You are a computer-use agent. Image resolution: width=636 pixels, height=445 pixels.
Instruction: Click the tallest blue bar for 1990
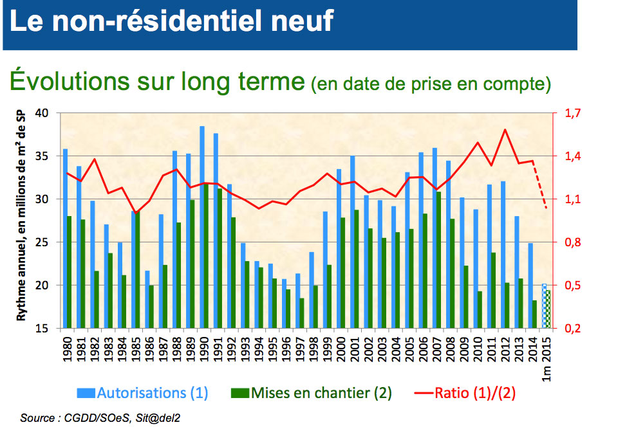202,227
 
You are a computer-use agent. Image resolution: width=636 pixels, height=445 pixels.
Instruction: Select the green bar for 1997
302,313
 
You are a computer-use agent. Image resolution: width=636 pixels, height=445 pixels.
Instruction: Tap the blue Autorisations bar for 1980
65,239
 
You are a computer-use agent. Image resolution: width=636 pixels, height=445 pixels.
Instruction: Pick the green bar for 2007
438,260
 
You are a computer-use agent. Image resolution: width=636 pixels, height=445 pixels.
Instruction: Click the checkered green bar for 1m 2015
548,309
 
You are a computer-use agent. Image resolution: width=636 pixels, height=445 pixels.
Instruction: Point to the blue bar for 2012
503,255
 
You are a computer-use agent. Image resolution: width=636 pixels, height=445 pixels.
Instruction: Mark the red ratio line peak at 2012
505,130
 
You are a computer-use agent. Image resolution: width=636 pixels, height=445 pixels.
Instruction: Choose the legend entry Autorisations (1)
142,393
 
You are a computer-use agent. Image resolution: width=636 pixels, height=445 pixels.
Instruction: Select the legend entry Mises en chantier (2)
311,393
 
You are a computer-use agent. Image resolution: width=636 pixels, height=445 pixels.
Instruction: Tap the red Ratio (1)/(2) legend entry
465,393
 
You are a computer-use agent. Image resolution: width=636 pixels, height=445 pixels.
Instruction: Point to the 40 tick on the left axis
42,113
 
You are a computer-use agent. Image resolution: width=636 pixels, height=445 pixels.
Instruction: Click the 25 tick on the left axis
42,242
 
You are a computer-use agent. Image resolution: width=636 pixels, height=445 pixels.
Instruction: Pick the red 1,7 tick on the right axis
573,113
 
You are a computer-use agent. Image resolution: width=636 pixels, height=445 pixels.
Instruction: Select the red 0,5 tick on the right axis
573,286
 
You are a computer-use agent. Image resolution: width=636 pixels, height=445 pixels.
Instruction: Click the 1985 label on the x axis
136,349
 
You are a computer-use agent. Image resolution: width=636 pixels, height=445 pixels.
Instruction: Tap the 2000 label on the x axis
341,349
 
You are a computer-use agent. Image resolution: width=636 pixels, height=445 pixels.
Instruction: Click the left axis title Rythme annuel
21,216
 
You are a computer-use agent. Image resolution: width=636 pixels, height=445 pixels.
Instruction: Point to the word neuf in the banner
302,21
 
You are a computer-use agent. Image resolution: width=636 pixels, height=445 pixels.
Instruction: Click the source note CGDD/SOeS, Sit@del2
100,418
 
